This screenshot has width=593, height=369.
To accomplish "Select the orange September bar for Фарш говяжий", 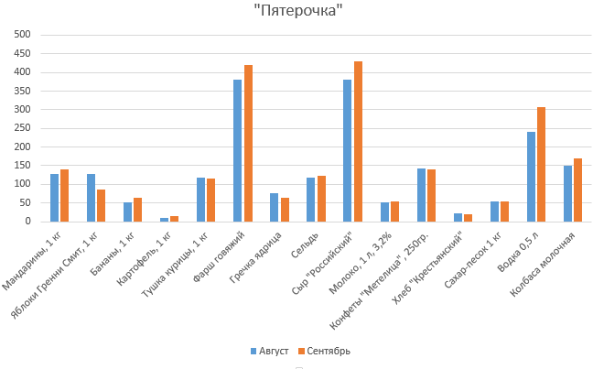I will [248, 143].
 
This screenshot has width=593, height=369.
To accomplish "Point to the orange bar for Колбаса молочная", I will [578, 190].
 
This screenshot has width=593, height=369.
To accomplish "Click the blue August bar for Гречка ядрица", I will [275, 207].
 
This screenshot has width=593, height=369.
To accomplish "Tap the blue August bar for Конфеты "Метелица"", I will [421, 194].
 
